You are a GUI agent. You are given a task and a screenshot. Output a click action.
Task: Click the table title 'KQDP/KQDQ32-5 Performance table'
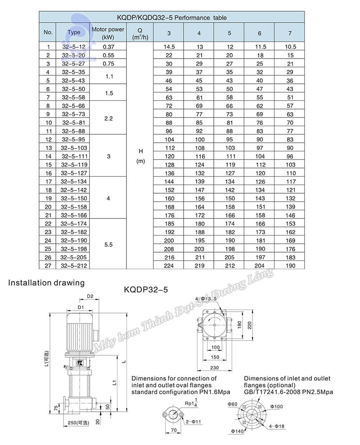171,18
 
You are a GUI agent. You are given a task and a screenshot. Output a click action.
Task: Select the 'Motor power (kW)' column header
108,33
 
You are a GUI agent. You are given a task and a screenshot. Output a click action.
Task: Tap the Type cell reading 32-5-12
73,47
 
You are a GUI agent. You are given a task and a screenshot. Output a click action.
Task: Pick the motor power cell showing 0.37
108,47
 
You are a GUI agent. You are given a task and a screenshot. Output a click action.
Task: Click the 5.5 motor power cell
108,245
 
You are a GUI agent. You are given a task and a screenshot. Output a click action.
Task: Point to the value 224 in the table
169,266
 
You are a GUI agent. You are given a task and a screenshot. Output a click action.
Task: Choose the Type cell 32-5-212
74,266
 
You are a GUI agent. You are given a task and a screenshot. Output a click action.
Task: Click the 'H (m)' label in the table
140,156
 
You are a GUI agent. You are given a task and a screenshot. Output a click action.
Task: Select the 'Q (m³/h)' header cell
140,34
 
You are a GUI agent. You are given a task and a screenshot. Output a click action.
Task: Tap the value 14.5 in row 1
169,47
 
